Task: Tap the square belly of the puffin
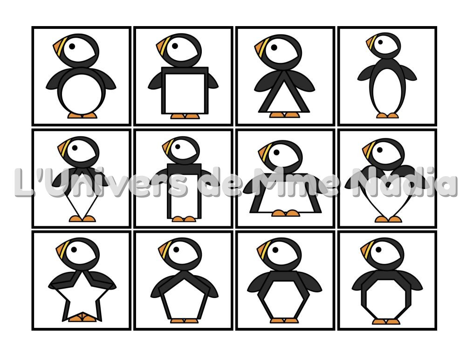tap(185, 93)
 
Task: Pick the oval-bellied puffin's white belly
tap(387, 91)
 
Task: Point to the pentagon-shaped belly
tap(184, 300)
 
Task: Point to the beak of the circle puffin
tap(59, 46)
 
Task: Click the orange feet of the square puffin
tap(185, 116)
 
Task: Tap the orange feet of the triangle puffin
tap(285, 115)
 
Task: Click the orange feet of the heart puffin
tap(388, 219)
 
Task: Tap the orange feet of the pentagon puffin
tap(185, 321)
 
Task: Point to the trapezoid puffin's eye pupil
tap(276, 152)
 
